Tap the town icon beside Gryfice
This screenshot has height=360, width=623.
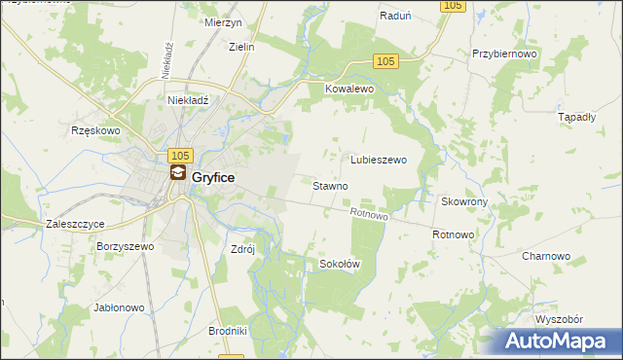coord(178,173)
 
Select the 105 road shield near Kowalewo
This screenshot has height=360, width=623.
coord(385,61)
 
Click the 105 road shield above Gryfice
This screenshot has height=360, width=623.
coord(180,156)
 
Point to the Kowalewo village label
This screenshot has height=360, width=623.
coord(349,89)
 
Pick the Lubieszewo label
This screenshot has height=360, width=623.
coord(379,160)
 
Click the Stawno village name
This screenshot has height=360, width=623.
coord(330,185)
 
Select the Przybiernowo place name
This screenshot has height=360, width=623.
coord(504,54)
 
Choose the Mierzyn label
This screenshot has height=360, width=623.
coord(223,23)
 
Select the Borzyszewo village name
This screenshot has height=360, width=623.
coord(126,247)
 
